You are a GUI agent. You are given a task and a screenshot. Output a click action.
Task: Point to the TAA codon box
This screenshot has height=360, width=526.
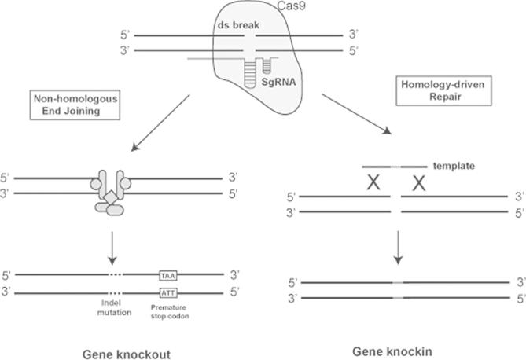[x=167, y=277]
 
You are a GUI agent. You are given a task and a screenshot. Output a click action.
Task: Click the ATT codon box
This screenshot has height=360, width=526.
[x=167, y=292]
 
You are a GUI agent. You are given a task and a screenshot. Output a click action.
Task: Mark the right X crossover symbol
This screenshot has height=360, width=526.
[x=419, y=183]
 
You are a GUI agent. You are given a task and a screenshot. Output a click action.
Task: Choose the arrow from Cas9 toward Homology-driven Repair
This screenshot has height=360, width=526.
[x=357, y=113]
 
